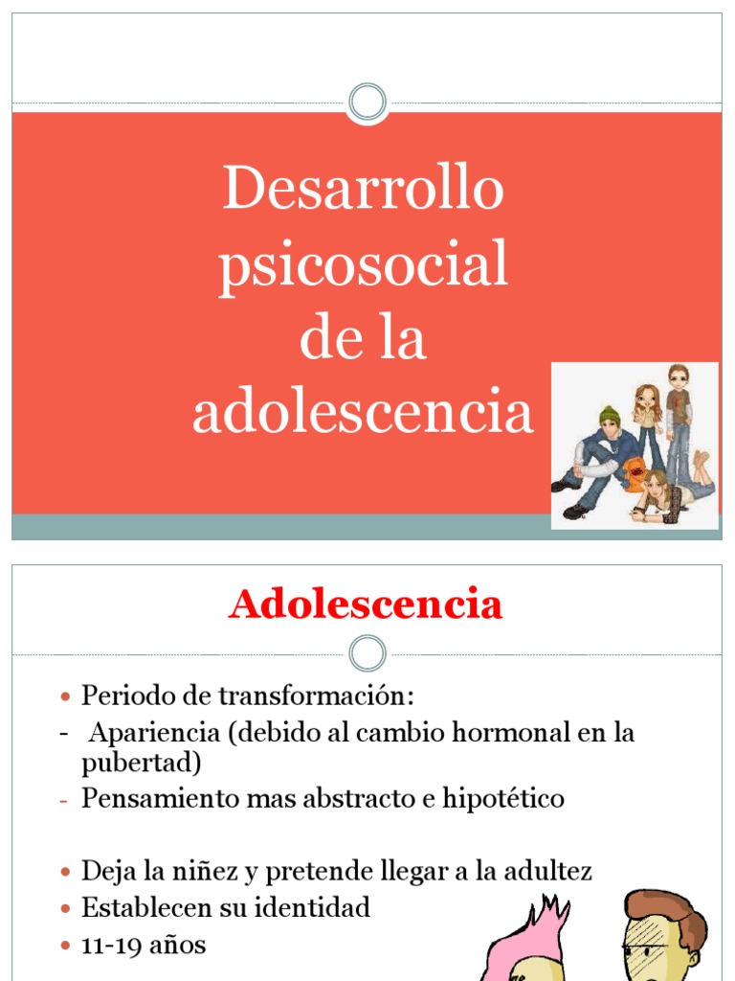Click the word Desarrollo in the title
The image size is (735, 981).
point(363,189)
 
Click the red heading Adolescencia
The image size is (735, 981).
point(366,605)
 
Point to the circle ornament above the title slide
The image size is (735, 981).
point(367,102)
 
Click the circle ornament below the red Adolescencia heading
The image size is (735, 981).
point(367,653)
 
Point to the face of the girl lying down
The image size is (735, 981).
point(656,484)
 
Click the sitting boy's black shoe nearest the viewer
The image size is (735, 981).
point(576,512)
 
